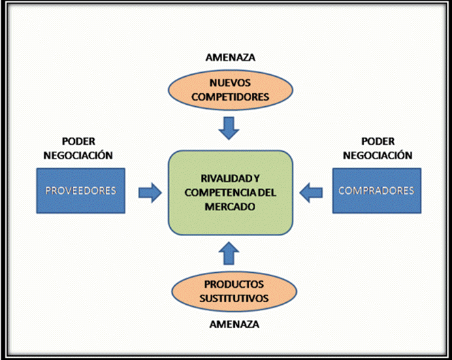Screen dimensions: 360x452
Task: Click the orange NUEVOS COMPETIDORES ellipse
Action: coord(229,90)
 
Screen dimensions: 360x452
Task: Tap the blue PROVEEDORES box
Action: coord(80,191)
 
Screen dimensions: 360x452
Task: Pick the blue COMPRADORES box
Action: coord(376,191)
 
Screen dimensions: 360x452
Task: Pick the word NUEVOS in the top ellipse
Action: coord(229,83)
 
